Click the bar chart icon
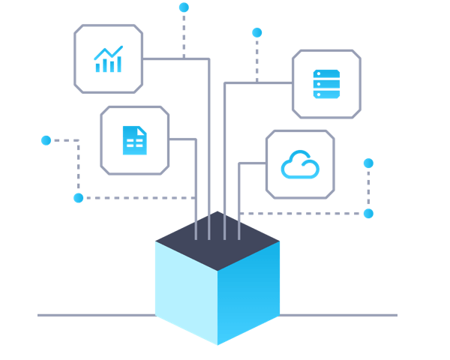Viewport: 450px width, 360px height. tap(108, 60)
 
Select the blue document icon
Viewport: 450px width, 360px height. tap(134, 140)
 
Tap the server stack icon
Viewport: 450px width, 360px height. tap(326, 84)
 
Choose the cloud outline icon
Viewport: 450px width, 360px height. tap(300, 165)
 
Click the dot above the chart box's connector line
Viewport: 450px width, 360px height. tap(184, 7)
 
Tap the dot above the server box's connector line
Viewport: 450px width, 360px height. tap(257, 32)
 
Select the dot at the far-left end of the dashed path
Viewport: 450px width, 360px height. tap(46, 140)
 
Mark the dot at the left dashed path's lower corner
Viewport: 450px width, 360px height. tap(79, 198)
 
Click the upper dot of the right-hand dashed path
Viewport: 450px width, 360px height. tap(368, 163)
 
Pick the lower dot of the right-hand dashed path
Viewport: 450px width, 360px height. tap(368, 213)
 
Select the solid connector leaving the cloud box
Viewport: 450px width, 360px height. tap(251, 163)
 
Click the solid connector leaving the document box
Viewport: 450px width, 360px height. tap(183, 139)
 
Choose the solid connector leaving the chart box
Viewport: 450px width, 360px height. tap(176, 58)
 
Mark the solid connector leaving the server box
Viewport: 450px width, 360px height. tap(255, 82)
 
